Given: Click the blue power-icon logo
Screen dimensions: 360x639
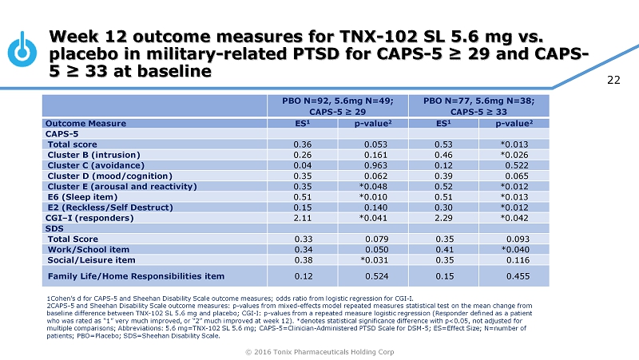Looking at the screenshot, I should [x=23, y=50].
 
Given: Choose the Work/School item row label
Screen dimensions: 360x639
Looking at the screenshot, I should [x=88, y=248].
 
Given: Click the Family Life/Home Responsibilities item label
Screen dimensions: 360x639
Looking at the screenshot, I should [x=136, y=276].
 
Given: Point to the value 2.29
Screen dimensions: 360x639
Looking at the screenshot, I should [x=444, y=216].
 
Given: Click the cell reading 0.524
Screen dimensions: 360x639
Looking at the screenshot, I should [x=380, y=276].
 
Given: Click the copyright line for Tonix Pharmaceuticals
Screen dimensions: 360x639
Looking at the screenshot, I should [x=319, y=350].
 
